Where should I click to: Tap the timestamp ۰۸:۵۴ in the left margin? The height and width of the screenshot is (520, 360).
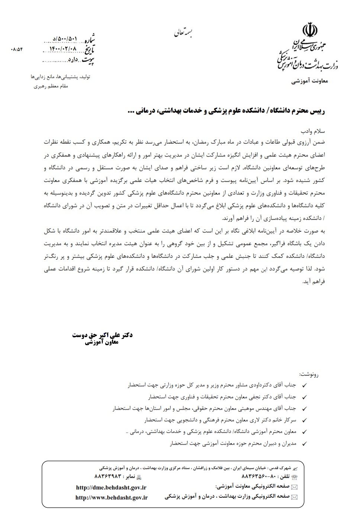17,49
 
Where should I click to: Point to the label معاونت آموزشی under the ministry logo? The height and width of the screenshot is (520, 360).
309,81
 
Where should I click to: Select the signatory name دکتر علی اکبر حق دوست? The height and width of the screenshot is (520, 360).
102,335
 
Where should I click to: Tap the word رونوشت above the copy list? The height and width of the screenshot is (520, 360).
309,374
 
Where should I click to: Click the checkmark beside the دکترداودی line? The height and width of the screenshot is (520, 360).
304,386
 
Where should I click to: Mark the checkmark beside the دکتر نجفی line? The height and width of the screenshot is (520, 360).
304,397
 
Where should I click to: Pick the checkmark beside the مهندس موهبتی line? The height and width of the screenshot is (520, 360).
304,409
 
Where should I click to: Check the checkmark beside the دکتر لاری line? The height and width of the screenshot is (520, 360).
304,420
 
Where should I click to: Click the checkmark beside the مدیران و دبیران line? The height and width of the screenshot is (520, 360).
304,444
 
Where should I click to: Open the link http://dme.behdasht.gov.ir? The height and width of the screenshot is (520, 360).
111,487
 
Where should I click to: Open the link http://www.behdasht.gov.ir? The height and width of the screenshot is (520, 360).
112,497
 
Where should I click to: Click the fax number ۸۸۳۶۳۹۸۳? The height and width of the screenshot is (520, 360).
108,476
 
